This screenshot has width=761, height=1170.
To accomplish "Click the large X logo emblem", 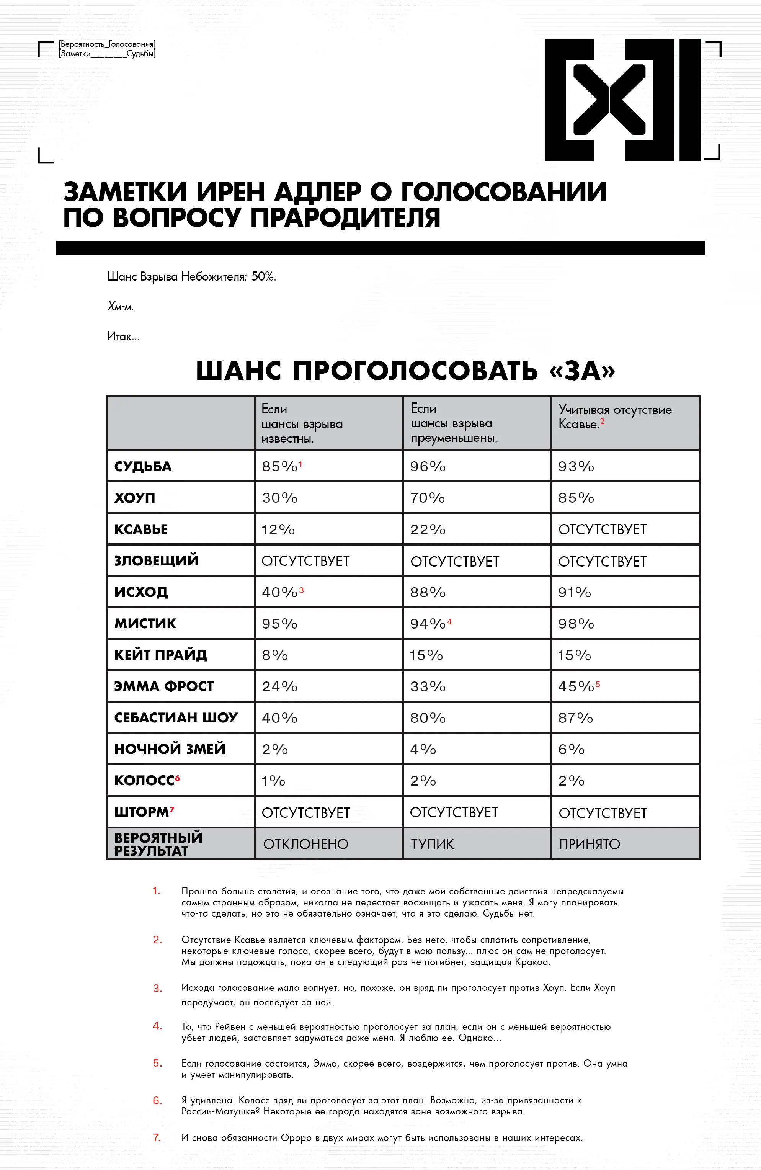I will [622, 100].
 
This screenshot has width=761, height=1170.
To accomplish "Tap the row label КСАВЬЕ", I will [141, 529].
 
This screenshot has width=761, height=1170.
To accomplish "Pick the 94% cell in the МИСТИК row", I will [428, 623].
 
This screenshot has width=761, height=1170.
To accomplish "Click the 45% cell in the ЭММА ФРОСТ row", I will [576, 686].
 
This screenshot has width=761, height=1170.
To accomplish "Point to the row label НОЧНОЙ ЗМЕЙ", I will [170, 749].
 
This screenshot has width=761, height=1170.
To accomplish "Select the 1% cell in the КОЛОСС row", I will [273, 781].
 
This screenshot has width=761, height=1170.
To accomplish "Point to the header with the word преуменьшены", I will [453, 438].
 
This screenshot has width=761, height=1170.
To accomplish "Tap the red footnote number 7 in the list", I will [157, 1137].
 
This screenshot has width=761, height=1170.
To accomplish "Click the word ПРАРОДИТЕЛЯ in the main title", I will [345, 218].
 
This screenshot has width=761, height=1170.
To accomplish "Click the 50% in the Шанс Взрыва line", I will [263, 276].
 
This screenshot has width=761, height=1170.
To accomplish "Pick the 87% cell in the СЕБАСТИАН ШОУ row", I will [575, 718].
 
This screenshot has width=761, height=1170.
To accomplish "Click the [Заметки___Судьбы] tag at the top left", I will [107, 54].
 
